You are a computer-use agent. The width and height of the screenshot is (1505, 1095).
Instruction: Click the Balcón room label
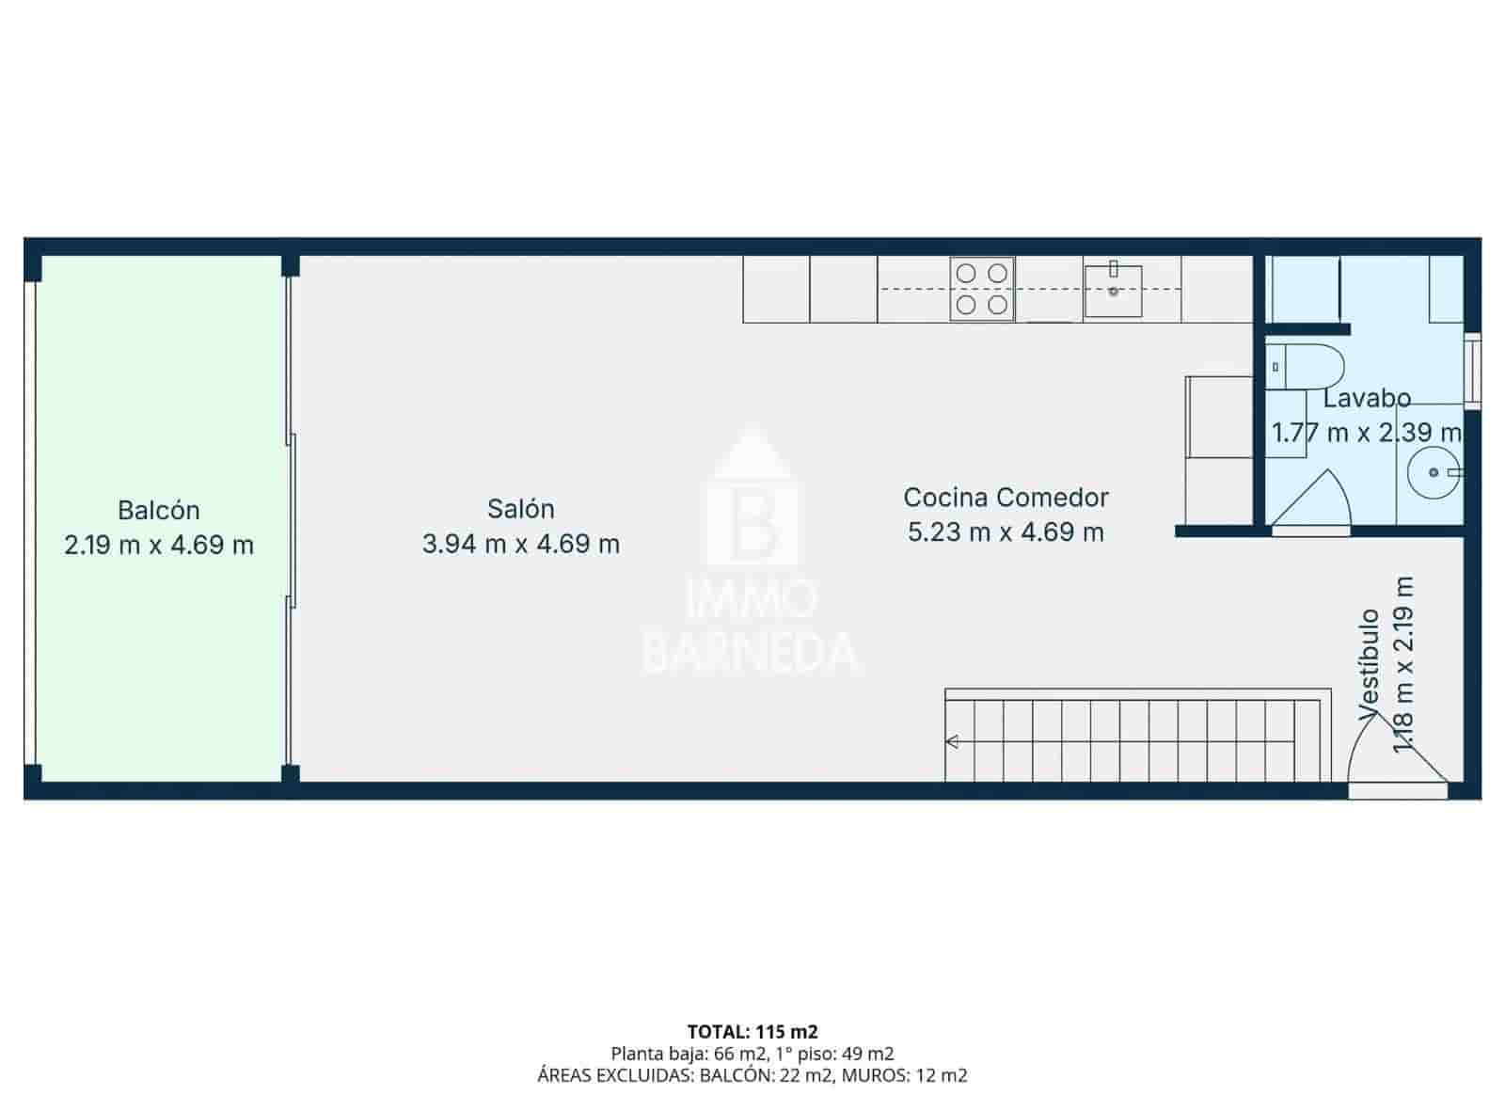tap(158, 510)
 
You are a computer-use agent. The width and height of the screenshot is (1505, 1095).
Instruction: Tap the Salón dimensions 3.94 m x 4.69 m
tap(520, 544)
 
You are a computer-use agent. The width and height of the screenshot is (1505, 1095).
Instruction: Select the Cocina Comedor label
tap(1006, 497)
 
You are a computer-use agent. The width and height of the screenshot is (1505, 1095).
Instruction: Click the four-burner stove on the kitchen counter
tap(982, 289)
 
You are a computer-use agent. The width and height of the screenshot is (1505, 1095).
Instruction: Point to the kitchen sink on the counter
tap(1113, 291)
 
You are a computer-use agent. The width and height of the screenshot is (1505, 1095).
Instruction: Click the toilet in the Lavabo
tap(1304, 367)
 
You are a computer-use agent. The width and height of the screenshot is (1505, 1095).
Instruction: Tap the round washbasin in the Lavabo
tap(1433, 472)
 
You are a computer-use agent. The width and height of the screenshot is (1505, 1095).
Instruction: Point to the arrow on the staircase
tap(954, 742)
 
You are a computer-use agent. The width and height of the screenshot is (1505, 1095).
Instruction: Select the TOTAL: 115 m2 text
tap(752, 1032)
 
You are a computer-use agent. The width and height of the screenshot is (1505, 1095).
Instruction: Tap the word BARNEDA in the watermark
tap(752, 652)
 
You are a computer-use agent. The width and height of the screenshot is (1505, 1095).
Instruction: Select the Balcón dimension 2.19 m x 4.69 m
tap(158, 545)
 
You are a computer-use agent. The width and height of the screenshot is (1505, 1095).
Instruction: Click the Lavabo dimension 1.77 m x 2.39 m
tap(1366, 433)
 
